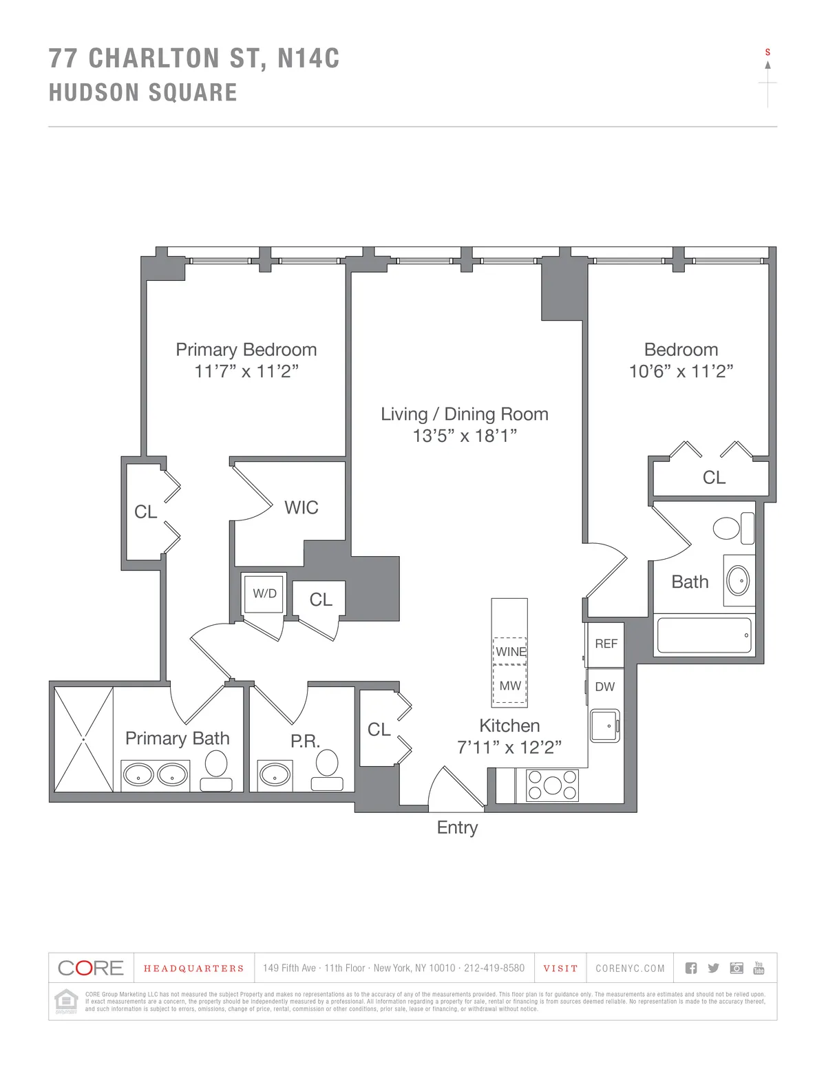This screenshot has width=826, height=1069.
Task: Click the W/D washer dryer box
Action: click(x=264, y=593)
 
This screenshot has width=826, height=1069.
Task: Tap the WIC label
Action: click(x=301, y=507)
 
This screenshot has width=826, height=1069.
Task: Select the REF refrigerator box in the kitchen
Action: click(x=606, y=644)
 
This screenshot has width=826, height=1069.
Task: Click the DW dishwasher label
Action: click(x=605, y=686)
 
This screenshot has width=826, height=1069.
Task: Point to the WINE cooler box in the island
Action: click(x=510, y=651)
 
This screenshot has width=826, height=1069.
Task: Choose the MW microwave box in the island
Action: click(x=510, y=686)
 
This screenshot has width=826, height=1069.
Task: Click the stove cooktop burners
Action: click(x=552, y=785)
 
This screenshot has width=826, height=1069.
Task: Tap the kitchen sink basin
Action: click(x=604, y=726)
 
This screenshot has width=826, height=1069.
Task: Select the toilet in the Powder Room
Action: click(x=327, y=768)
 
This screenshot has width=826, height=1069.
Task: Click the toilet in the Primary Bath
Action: click(x=216, y=768)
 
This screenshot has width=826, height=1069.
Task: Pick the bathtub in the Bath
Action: click(x=703, y=635)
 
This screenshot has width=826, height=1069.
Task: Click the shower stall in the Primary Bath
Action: click(x=83, y=739)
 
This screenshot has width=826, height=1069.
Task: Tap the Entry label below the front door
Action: click(x=457, y=827)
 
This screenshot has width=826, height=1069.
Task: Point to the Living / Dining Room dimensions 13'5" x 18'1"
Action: click(x=465, y=436)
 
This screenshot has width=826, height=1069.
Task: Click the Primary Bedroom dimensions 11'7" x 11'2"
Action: click(x=246, y=372)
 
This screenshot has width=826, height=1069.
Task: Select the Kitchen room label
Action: click(x=509, y=726)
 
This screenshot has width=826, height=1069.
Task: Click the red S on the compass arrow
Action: click(x=767, y=52)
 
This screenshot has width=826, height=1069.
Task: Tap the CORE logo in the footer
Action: click(x=91, y=968)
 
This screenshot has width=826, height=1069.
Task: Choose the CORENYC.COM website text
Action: click(x=630, y=969)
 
